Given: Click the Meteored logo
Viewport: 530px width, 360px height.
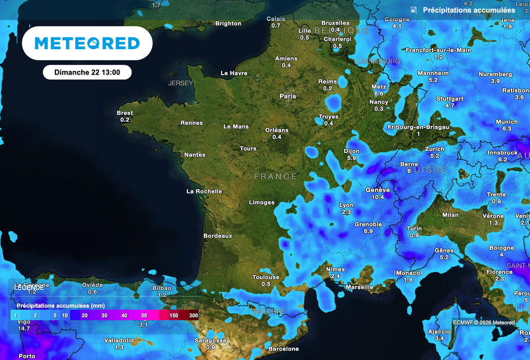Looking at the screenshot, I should (87, 44).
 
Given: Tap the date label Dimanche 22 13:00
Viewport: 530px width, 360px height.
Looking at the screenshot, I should (87, 73).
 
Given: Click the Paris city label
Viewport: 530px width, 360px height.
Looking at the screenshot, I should (288, 96).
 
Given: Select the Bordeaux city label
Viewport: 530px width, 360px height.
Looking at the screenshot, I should (217, 236).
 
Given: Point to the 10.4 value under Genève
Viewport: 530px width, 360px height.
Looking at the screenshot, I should (378, 197).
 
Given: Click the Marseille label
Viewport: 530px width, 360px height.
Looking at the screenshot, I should (359, 287).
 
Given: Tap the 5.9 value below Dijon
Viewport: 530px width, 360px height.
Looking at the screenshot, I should (351, 158).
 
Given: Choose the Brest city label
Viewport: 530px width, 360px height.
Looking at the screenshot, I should (125, 113).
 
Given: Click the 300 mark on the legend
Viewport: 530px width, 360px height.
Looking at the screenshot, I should (194, 315).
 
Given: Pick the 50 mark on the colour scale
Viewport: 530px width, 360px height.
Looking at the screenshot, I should (144, 315).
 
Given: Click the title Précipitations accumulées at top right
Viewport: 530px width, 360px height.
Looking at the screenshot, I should (469, 10).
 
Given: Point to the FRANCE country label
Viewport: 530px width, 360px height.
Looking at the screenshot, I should (275, 177).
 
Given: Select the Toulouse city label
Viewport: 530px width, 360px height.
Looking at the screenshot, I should (266, 277).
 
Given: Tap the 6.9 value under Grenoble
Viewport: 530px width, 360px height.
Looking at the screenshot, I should (368, 231).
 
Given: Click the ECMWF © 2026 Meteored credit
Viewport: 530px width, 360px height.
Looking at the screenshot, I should (483, 323).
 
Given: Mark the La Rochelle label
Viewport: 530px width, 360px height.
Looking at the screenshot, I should (204, 191).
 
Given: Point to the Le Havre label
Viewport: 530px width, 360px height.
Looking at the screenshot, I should (234, 73).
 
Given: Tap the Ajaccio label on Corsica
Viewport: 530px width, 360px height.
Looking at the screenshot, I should (439, 332).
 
